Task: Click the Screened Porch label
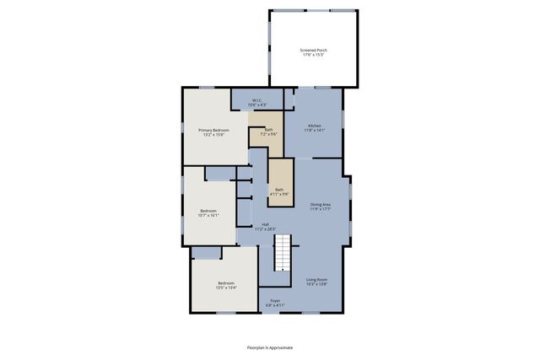(x=314, y=51)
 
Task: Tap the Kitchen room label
(x=315, y=125)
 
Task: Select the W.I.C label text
(x=257, y=100)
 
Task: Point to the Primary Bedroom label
(x=213, y=130)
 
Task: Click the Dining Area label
(x=320, y=204)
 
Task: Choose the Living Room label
(x=316, y=279)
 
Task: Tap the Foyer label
(x=275, y=300)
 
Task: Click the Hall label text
(x=265, y=224)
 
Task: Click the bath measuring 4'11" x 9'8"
(x=278, y=191)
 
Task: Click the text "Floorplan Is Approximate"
(x=270, y=347)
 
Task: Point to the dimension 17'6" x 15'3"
(x=314, y=56)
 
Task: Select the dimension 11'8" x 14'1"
(x=315, y=130)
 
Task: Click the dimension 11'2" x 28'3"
(x=265, y=228)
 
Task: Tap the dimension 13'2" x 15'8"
(x=213, y=135)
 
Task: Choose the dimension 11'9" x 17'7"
(x=320, y=209)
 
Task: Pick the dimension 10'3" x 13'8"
(x=316, y=284)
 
